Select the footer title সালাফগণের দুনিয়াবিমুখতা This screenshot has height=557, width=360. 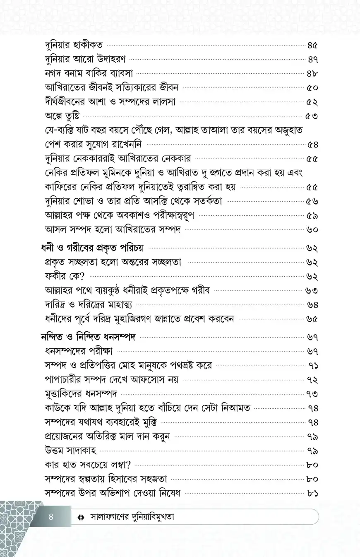pos(132,517)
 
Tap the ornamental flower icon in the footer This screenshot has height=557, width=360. pos(81,517)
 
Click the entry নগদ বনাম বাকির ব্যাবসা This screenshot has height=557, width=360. pos(88,74)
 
